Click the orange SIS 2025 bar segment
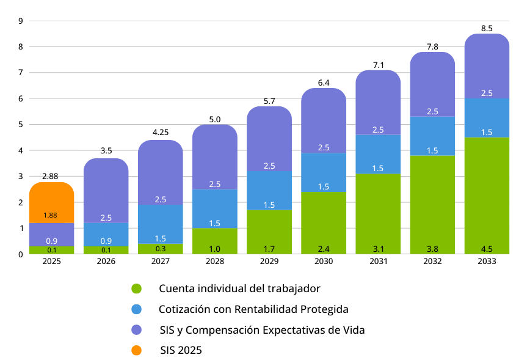click(x=51, y=199)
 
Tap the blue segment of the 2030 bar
click(x=324, y=172)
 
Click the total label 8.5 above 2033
click(x=487, y=28)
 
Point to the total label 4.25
click(x=161, y=132)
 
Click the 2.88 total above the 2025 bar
click(x=51, y=176)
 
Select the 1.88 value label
click(x=51, y=215)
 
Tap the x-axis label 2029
click(x=269, y=261)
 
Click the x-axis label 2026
click(x=106, y=261)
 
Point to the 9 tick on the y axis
click(x=21, y=21)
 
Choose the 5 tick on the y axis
click(x=21, y=125)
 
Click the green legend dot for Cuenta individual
click(x=136, y=288)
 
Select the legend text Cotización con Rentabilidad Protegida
click(x=253, y=309)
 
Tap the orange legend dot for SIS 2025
click(x=136, y=350)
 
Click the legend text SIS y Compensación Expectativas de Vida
click(x=262, y=330)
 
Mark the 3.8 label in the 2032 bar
click(x=432, y=248)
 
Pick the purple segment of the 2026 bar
click(x=106, y=189)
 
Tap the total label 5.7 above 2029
click(x=269, y=101)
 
